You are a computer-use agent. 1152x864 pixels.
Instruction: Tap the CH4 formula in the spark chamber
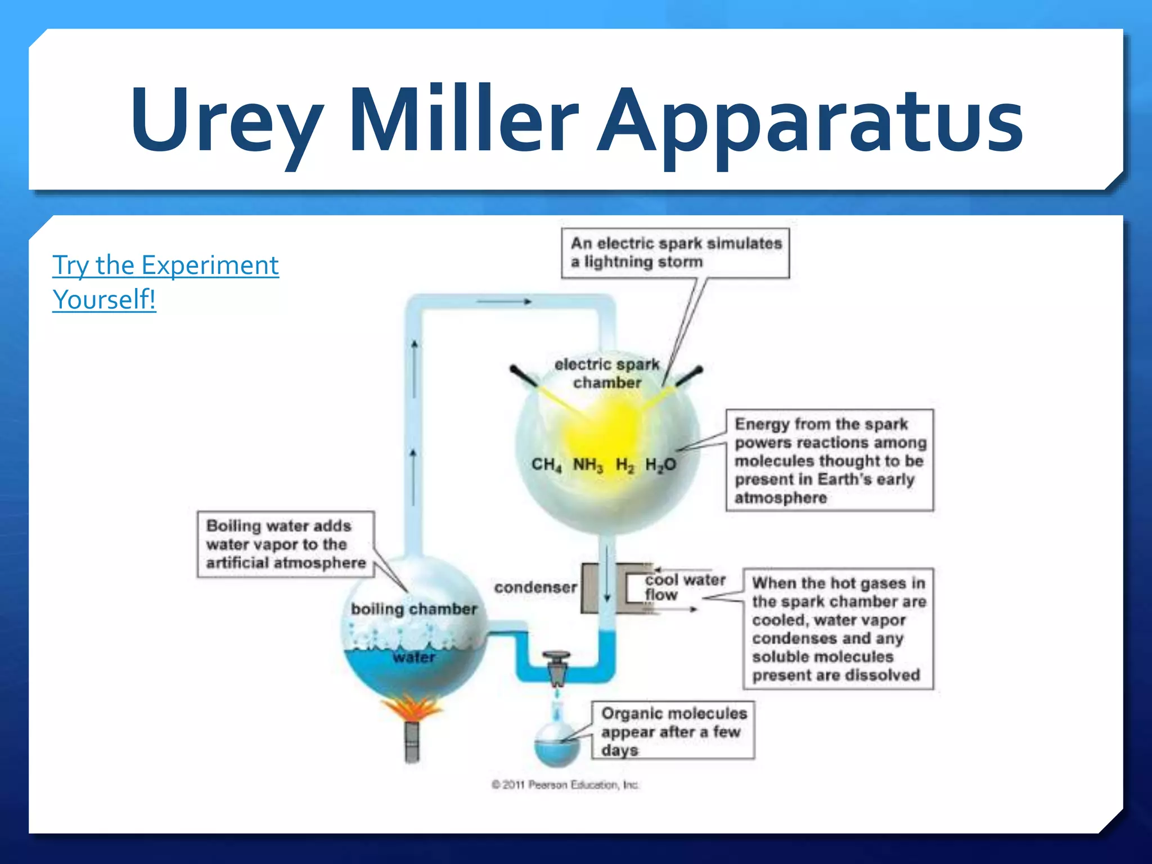(x=546, y=465)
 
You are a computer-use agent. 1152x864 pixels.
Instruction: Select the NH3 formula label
(x=588, y=465)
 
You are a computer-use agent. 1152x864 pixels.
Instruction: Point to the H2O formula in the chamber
(x=660, y=465)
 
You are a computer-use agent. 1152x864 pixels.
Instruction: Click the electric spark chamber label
(x=607, y=373)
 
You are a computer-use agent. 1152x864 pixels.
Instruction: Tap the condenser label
(x=535, y=587)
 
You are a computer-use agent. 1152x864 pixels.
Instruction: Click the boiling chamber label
(x=413, y=609)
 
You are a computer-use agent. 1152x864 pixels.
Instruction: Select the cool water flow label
(x=684, y=587)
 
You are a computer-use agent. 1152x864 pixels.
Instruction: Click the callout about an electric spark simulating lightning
(x=676, y=253)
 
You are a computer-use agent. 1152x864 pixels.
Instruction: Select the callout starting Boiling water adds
(x=285, y=544)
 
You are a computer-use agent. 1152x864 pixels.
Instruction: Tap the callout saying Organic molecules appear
(x=673, y=731)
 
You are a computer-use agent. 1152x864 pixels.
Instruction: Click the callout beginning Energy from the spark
(x=830, y=460)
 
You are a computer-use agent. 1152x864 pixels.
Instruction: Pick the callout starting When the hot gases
(x=838, y=628)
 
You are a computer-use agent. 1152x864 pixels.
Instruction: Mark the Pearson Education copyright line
(x=565, y=785)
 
